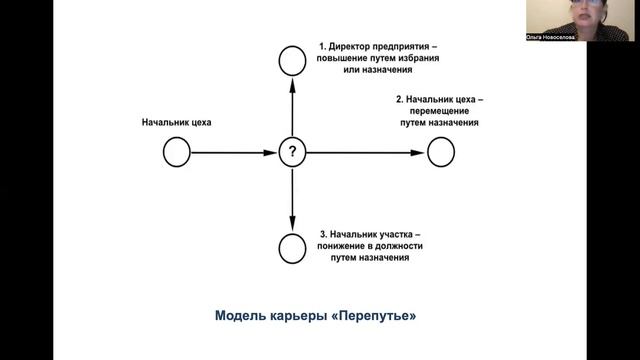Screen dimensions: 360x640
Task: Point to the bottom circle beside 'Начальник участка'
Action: (291, 246)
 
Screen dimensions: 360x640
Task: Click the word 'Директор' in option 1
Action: (352, 46)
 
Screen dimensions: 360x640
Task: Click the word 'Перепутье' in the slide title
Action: (377, 317)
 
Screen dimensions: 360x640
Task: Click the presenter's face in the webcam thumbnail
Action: (582, 14)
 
